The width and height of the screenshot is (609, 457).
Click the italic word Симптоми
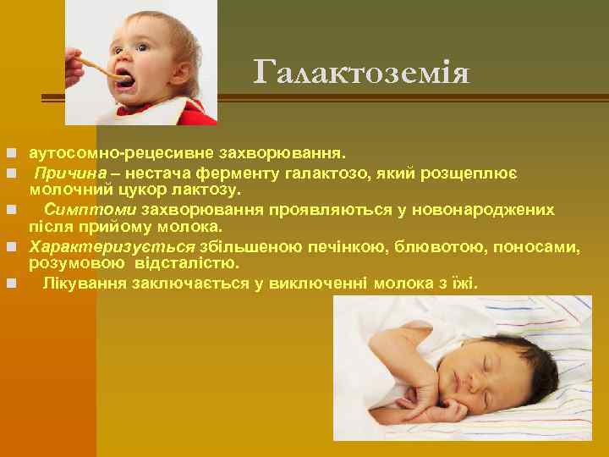tap(91, 210)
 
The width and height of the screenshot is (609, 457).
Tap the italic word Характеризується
tap(112, 246)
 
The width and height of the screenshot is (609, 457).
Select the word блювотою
tap(409, 246)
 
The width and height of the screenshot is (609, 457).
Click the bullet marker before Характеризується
tap(11, 246)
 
